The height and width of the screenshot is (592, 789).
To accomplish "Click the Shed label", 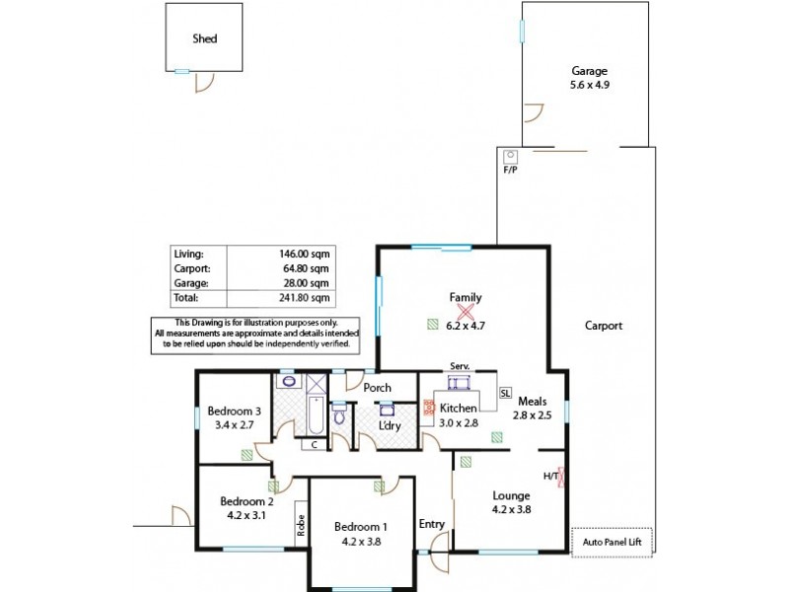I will (204, 39).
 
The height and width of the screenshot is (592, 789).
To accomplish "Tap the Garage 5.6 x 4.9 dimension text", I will (589, 86).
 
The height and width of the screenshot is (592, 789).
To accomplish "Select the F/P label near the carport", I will (510, 170).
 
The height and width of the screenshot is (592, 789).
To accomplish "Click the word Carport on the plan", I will (603, 326).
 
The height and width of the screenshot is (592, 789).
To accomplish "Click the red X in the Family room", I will (466, 310).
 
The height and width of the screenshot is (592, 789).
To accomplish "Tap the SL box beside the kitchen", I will (505, 392).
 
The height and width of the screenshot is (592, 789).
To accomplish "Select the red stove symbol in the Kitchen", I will (429, 406).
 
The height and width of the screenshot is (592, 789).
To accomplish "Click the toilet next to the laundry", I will (339, 414).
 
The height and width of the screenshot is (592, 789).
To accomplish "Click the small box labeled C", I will (314, 445).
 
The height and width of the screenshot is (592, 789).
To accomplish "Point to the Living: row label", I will (187, 254).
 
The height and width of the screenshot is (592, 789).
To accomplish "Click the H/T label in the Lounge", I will (551, 477).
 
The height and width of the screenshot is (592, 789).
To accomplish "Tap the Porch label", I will (378, 388).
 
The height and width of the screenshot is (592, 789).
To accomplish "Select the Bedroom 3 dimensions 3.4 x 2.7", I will (234, 425).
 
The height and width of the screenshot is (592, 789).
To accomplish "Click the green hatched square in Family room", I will (432, 323).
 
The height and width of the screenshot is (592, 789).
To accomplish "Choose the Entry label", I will (432, 523).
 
